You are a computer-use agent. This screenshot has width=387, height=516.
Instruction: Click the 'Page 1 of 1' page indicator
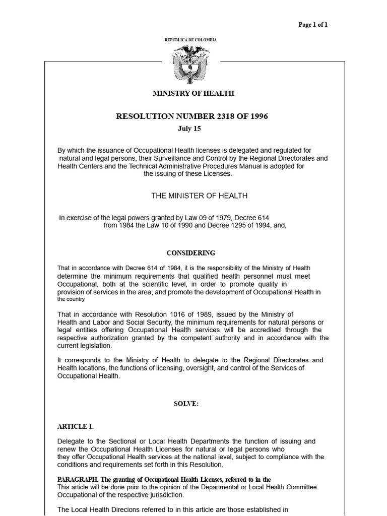[313, 25]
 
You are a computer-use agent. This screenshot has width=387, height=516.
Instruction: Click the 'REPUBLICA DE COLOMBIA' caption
[191, 39]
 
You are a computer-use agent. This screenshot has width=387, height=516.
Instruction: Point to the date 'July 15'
[189, 128]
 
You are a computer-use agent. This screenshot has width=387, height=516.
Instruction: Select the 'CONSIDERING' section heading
[191, 253]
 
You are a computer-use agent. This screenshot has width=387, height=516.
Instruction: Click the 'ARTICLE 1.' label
[76, 426]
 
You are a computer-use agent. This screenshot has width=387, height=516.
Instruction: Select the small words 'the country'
[72, 299]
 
